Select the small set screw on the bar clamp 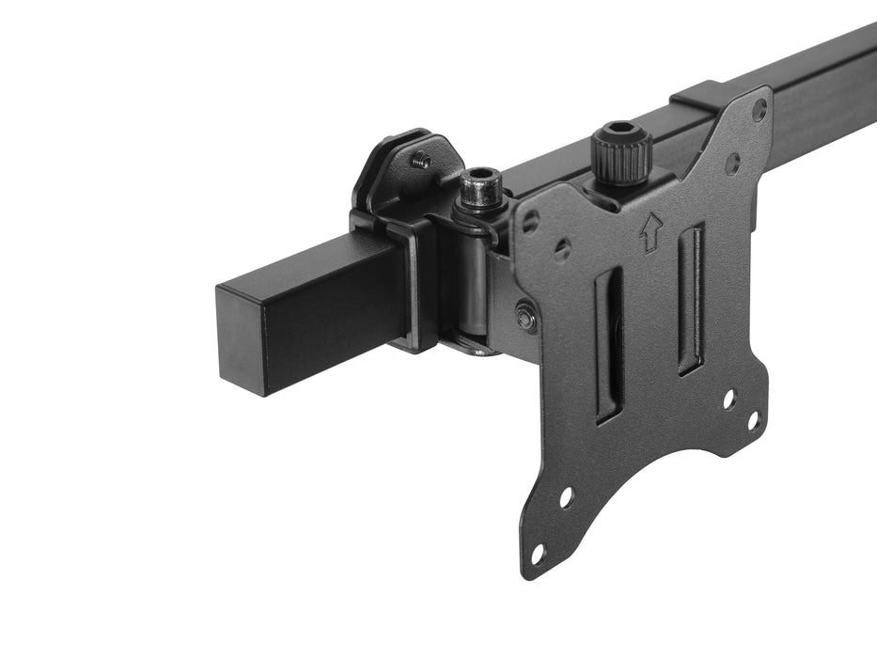pyautogui.click(x=421, y=162)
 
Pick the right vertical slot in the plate pyautogui.click(x=690, y=299)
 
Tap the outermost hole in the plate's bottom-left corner pyautogui.click(x=537, y=553)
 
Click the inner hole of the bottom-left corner pyautogui.click(x=566, y=497)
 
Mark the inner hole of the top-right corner pyautogui.click(x=732, y=163)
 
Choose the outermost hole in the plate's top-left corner pyautogui.click(x=531, y=222)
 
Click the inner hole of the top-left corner pyautogui.click(x=562, y=249)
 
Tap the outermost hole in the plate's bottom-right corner pyautogui.click(x=753, y=420)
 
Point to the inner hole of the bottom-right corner pyautogui.click(x=728, y=398)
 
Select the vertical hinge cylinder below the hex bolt pyautogui.click(x=475, y=282)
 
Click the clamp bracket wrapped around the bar pyautogui.click(x=414, y=282)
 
